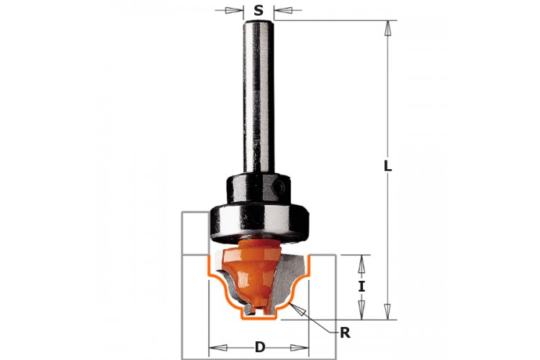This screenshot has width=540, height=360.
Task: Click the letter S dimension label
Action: click(258, 11)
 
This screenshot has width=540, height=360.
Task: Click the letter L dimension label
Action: click(388, 166)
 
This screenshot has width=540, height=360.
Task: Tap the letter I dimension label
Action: click(361, 287)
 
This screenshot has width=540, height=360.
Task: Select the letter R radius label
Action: click(345, 333)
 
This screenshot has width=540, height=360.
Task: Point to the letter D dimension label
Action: click(260, 347)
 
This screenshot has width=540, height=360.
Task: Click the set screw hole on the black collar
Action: click(278, 188)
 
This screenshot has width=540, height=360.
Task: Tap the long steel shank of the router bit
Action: click(258, 96)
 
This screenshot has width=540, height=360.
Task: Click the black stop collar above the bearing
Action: click(258, 189)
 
